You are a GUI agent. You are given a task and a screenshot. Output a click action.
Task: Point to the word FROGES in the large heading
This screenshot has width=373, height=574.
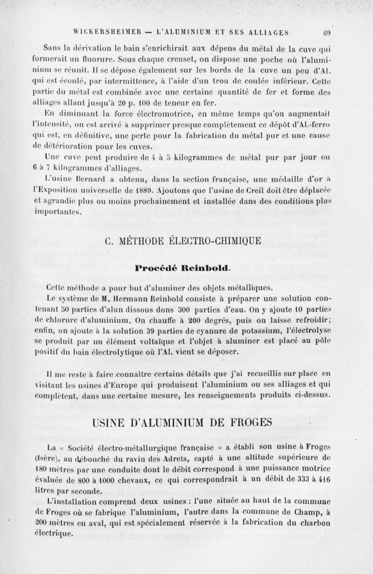tap(244, 422)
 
